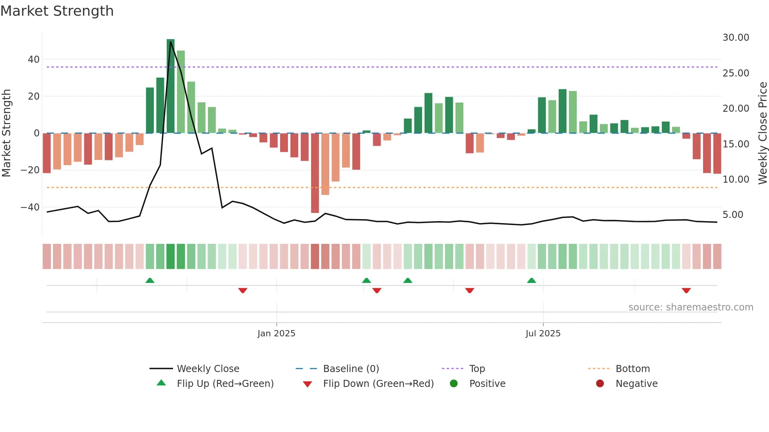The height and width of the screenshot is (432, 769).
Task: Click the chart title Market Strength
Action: [x=57, y=11]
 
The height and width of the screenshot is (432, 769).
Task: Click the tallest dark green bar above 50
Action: [x=170, y=86]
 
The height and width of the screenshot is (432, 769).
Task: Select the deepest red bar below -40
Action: [x=315, y=173]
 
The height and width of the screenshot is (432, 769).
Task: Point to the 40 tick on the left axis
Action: [x=34, y=60]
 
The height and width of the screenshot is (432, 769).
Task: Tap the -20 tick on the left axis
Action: [x=30, y=170]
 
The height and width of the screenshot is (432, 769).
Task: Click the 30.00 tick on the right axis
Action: [x=736, y=38]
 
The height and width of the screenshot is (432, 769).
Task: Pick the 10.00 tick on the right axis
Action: [x=736, y=180]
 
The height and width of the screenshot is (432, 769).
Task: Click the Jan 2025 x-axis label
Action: [x=276, y=334]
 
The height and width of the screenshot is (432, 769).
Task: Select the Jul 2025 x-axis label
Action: [x=543, y=334]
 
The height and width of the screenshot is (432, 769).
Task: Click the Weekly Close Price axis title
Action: [x=762, y=133]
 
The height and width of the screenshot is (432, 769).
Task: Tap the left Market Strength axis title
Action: [x=6, y=133]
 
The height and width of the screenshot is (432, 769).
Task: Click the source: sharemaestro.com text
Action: [x=691, y=307]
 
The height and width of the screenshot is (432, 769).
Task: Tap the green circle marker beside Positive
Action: [x=454, y=384]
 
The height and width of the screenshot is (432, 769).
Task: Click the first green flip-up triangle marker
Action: [x=150, y=280]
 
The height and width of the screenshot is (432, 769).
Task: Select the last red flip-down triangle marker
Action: [x=686, y=290]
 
